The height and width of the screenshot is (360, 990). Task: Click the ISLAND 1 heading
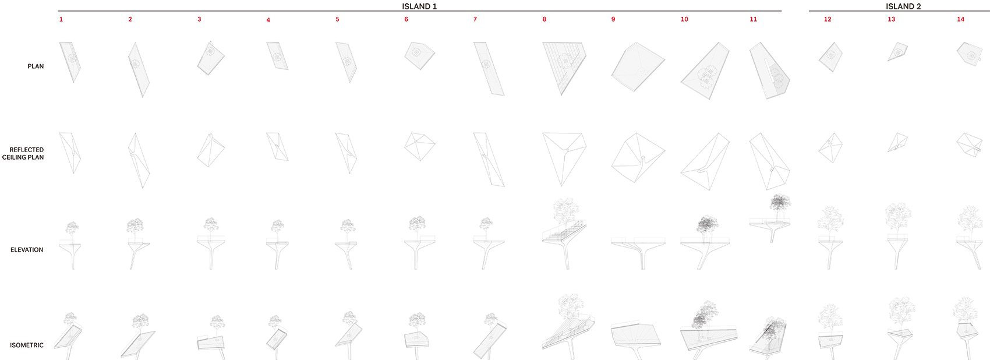point(419,6)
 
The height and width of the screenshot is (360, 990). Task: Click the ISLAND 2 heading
point(903,6)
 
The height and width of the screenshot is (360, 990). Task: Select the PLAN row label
point(36,66)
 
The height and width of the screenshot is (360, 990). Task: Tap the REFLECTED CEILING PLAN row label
point(23,153)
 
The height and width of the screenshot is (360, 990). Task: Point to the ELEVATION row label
point(27,250)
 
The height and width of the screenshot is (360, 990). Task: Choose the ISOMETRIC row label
point(27,345)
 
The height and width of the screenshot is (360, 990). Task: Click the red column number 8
point(544,19)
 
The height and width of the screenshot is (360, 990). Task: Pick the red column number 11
point(753,19)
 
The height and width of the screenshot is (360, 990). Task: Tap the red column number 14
point(960,19)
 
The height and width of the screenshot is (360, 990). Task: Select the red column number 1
point(61,19)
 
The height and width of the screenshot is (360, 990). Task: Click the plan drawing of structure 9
point(638,67)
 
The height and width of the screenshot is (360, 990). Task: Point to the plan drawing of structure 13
point(897,51)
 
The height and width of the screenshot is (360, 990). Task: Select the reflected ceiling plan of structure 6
point(419,146)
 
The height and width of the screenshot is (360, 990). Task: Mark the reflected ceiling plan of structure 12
point(830,148)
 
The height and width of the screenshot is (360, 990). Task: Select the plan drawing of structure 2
point(139,69)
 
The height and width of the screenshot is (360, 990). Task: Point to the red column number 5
point(337,19)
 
